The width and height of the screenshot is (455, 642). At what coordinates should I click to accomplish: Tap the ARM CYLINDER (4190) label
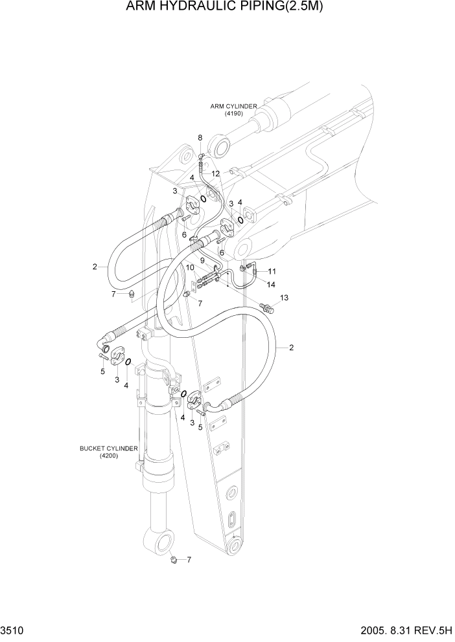coord(233,109)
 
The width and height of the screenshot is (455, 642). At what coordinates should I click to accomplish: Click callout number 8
coord(200,138)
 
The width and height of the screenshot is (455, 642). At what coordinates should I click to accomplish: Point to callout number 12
coord(215,173)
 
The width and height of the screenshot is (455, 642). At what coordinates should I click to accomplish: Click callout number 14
coord(271,284)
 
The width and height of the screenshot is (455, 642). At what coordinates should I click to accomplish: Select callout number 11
coord(272,271)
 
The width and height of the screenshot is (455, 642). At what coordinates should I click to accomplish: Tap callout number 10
coord(190,267)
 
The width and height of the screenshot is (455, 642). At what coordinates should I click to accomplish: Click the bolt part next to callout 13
coord(267,306)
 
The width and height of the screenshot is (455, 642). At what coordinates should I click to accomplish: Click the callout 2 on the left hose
coord(95,266)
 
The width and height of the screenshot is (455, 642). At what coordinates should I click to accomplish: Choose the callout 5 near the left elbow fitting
coord(102,371)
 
